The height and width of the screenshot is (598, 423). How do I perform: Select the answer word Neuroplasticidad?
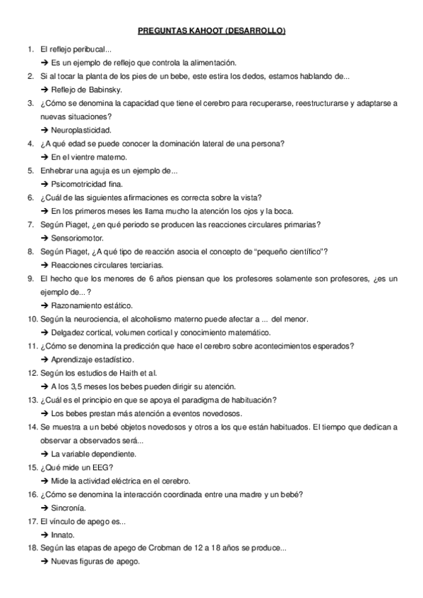click(x=81, y=130)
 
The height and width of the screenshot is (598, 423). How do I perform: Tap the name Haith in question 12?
click(x=124, y=372)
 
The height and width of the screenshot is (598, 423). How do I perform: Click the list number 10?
click(x=32, y=319)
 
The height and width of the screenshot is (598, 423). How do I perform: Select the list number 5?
click(x=30, y=171)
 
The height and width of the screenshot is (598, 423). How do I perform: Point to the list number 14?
click(x=32, y=427)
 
